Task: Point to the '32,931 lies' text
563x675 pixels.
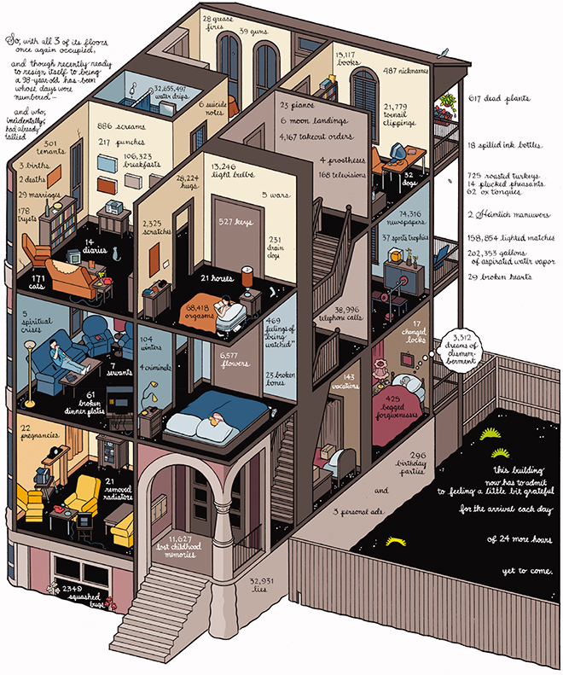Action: [x=264, y=586]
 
